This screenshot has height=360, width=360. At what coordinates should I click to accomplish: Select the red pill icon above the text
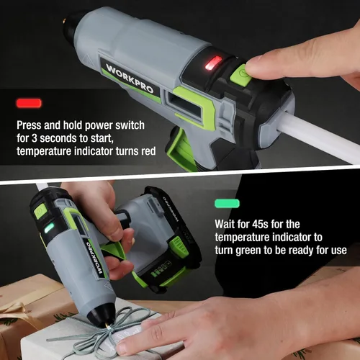pos(29,103)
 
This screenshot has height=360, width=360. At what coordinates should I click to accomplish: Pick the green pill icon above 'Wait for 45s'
pos(228,204)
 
